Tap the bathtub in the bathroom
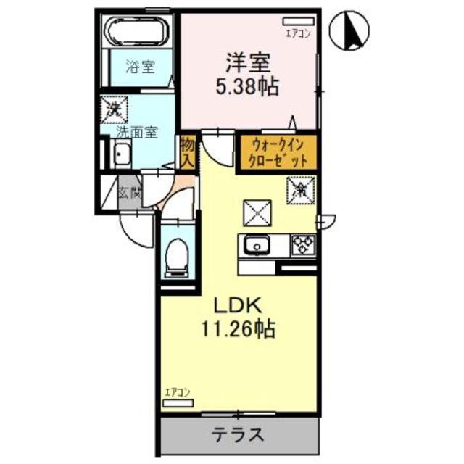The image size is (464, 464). click(x=138, y=32)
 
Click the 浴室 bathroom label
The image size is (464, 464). click(x=140, y=69)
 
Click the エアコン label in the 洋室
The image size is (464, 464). click(x=297, y=33)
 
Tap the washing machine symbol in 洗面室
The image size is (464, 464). click(x=114, y=109)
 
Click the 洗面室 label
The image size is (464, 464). click(x=137, y=133)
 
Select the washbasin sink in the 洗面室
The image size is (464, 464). click(x=122, y=154)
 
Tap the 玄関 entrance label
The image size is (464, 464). click(x=130, y=194)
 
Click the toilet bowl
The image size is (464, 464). click(x=175, y=256)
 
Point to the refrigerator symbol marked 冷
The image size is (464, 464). click(x=299, y=191)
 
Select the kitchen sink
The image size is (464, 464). click(x=257, y=246)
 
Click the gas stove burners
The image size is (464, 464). click(x=302, y=245)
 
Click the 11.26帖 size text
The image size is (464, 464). click(x=238, y=331)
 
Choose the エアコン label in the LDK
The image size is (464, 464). click(x=177, y=392)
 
